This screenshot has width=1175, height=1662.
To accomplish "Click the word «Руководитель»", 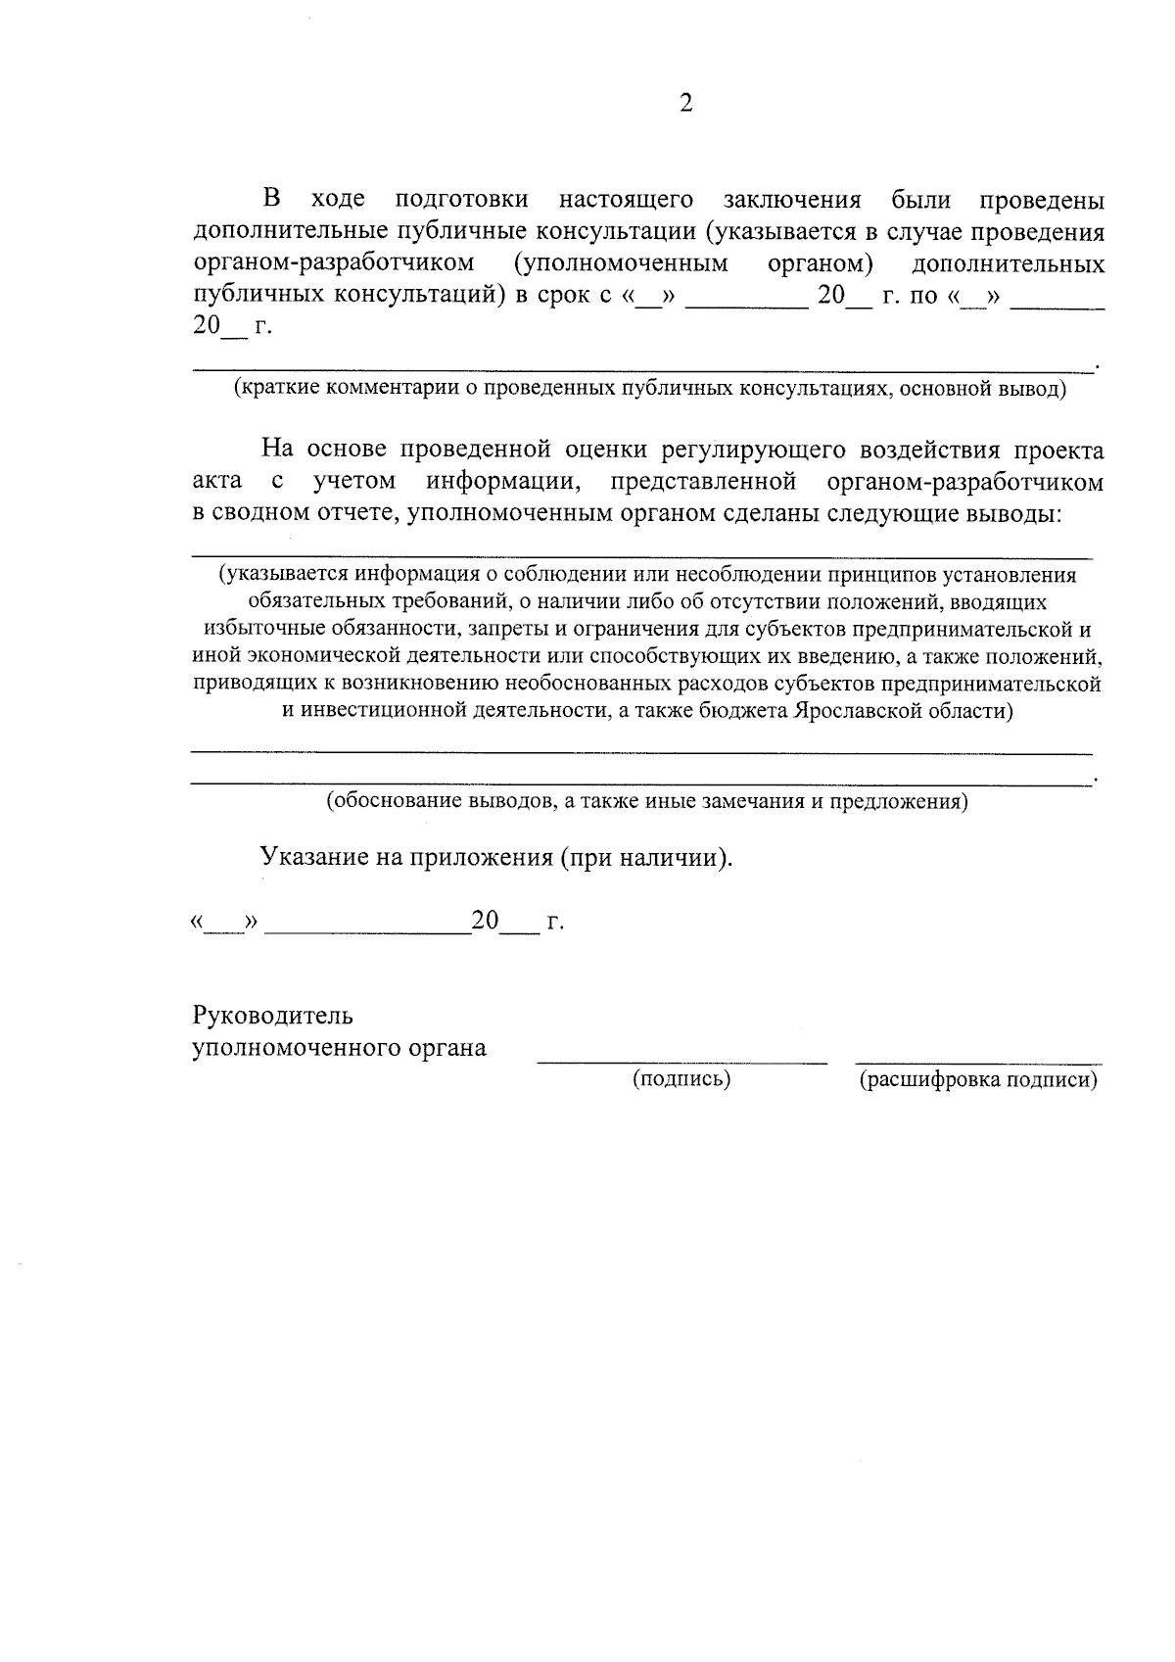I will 272,1016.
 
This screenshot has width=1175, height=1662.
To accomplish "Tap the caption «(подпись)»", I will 681,1079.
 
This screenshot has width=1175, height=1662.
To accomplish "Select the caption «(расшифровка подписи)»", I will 978,1079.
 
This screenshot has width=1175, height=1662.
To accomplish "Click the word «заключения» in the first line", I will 791,201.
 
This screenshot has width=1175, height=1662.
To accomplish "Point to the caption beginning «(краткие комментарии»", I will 649,389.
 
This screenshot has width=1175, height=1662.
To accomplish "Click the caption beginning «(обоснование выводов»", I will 647,802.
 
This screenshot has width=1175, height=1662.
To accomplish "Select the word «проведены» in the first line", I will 1042,201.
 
